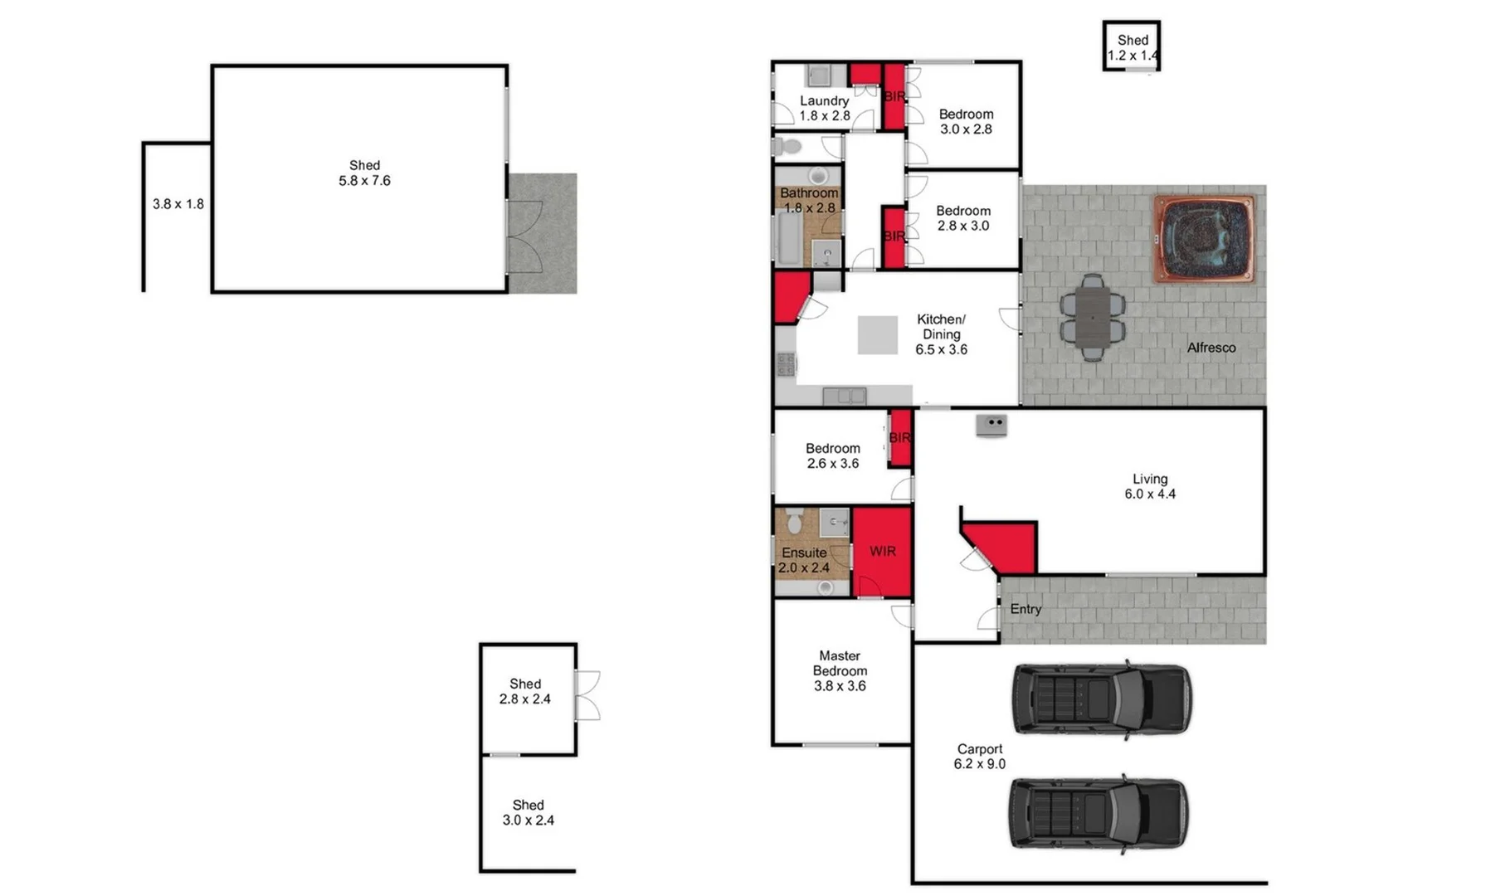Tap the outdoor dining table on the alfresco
(x=1093, y=318)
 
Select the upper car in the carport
(x=1102, y=699)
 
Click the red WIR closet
(x=882, y=552)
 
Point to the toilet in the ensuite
(x=794, y=520)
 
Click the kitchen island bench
(x=877, y=335)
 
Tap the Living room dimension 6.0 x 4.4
(x=1150, y=494)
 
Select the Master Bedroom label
(x=840, y=664)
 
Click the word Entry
(x=1026, y=609)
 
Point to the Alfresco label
(x=1211, y=348)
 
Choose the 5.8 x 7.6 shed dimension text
(x=364, y=181)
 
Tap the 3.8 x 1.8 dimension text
(x=178, y=204)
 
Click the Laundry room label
(x=824, y=101)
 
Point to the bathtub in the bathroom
(x=788, y=238)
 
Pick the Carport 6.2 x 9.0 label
(x=980, y=757)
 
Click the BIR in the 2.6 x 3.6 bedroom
(x=900, y=438)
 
